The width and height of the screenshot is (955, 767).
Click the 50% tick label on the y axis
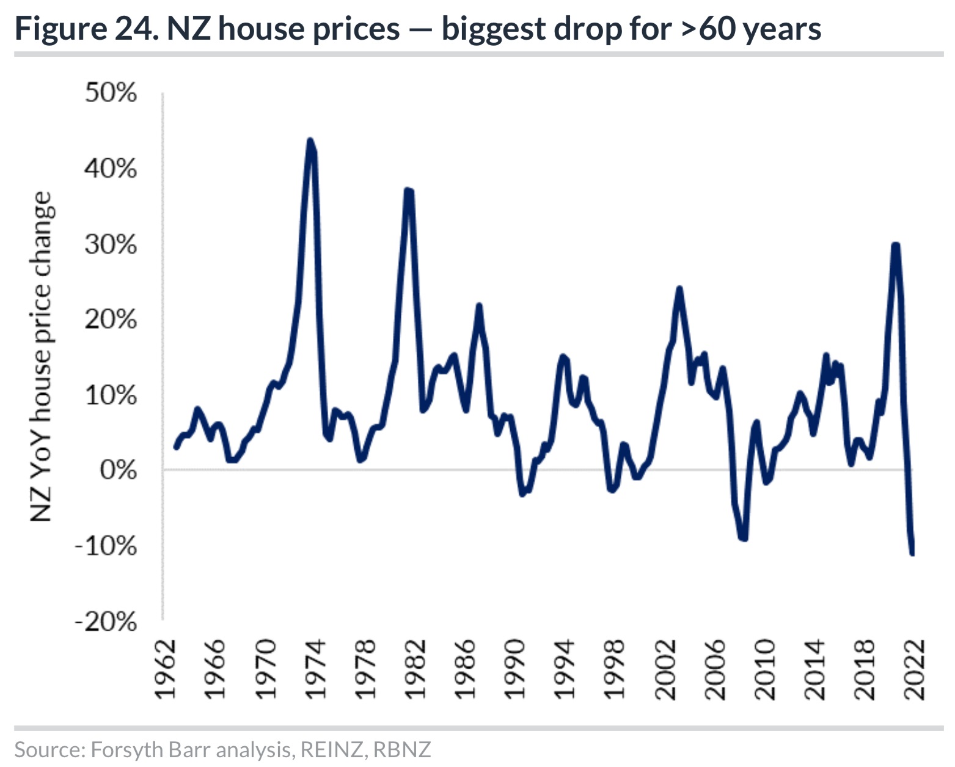click(111, 93)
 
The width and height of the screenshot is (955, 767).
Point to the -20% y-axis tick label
click(106, 622)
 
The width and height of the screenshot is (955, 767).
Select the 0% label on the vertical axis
click(119, 470)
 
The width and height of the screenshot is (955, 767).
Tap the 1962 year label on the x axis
click(165, 670)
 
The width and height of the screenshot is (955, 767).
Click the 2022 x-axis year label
click(915, 670)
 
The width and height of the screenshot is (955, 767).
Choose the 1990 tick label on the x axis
click(515, 670)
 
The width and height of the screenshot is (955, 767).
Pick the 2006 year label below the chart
click(715, 670)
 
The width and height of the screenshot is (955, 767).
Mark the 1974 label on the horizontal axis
click(315, 670)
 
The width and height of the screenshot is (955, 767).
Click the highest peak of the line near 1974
click(310, 141)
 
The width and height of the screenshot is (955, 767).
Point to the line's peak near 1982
click(408, 191)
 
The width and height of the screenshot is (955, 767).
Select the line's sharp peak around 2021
click(896, 245)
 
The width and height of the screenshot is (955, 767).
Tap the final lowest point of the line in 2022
click(912, 554)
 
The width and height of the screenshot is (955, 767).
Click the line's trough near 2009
click(743, 538)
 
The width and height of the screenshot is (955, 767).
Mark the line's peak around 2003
click(679, 288)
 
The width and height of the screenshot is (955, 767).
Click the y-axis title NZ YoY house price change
click(41, 357)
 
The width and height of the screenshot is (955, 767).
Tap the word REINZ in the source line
click(332, 749)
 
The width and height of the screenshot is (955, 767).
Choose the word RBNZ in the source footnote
click(401, 749)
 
